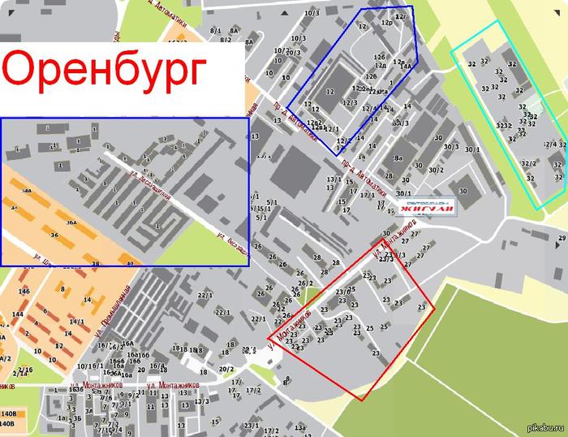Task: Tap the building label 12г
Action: click(399, 16)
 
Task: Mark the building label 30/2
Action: click(436, 170)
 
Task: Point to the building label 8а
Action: click(398, 159)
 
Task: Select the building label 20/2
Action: click(226, 370)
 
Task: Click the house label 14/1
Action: click(77, 322)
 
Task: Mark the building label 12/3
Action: click(350, 102)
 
